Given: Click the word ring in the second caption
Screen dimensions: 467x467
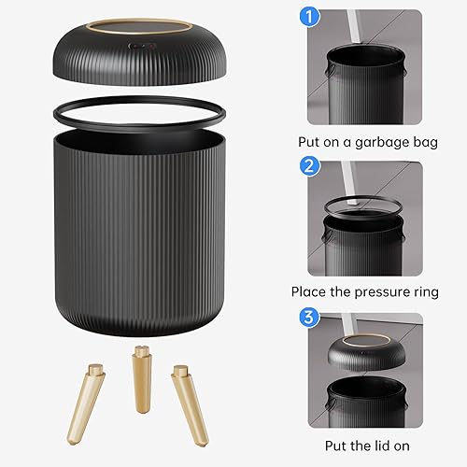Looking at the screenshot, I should coord(419,292).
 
